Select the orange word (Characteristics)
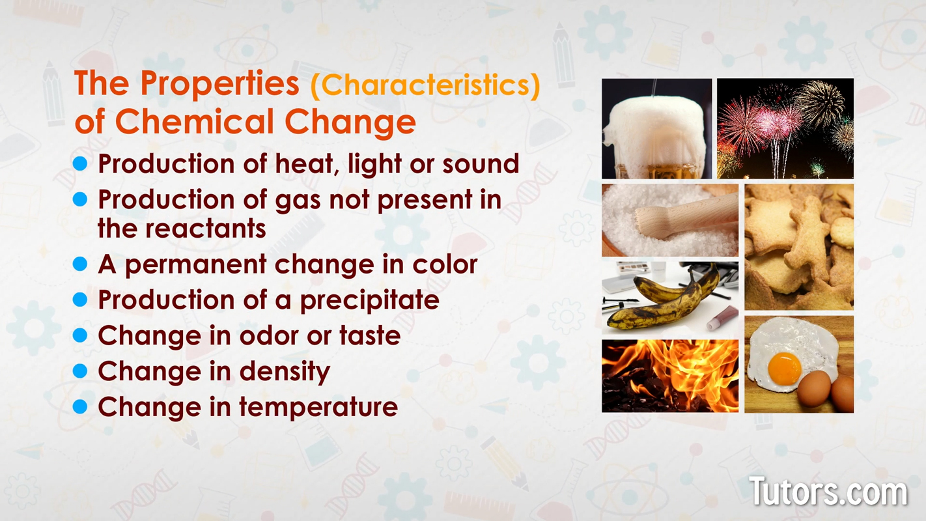pos(425,85)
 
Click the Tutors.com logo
pos(828,491)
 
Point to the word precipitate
pos(370,301)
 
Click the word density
pos(285,371)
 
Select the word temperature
pos(318,407)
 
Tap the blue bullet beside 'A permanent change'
pos(80,264)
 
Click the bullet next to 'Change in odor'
pos(80,335)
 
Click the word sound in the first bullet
pos(481,163)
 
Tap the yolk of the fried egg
pos(785,369)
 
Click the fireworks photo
pos(785,128)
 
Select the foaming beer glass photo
pos(657,128)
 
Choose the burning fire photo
pos(670,376)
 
